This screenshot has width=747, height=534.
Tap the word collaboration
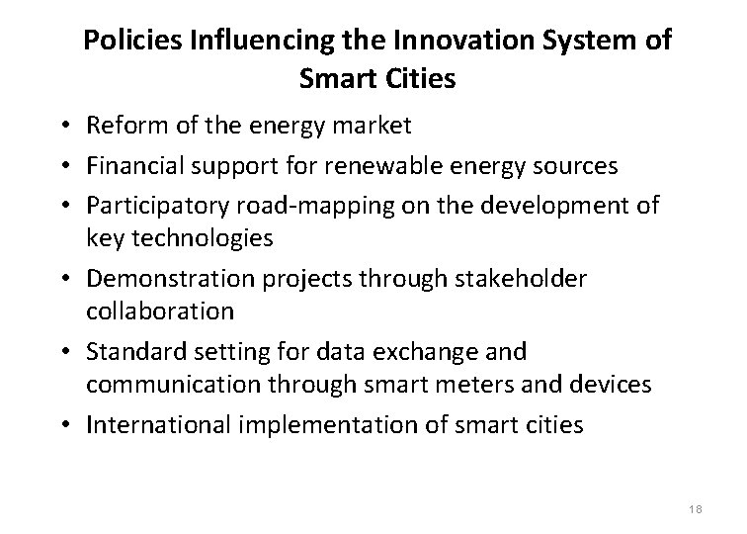pos(160,311)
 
